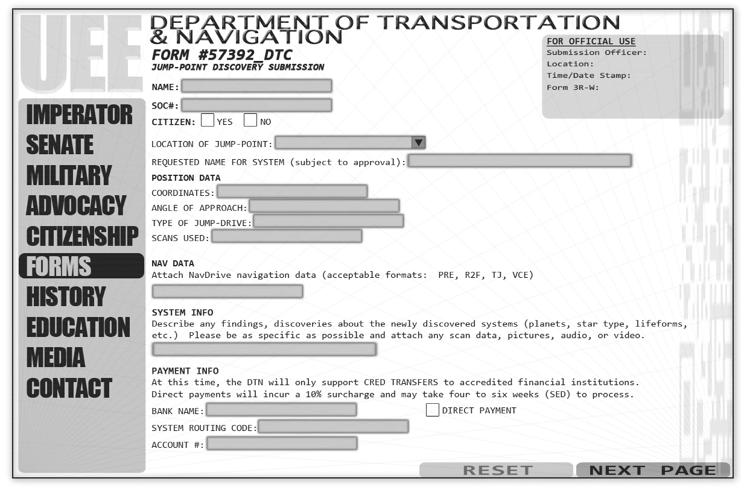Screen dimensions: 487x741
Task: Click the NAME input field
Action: pos(256,86)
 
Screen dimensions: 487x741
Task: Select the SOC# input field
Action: pos(256,105)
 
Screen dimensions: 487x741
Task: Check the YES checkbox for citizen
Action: pos(208,120)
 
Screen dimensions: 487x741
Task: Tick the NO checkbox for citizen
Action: pos(250,120)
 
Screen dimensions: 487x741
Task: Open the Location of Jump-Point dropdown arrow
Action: pos(418,143)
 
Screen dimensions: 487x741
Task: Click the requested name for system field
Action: pos(520,161)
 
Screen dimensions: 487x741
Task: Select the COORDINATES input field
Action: pos(292,192)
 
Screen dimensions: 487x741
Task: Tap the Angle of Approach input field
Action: pos(324,207)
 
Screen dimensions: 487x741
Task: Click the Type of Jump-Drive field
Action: pos(328,222)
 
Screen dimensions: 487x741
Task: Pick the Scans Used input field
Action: pos(287,236)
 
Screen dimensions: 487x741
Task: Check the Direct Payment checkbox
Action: pos(432,410)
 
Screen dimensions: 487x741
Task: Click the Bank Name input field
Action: pos(281,410)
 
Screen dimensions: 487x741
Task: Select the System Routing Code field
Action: pos(333,427)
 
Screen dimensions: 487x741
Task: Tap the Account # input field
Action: pos(282,444)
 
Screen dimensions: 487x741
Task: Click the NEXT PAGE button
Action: pos(653,470)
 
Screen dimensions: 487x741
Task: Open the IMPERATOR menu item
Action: pos(79,115)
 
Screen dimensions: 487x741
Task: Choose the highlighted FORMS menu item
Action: pos(81,266)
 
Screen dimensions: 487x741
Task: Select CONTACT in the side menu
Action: pos(69,388)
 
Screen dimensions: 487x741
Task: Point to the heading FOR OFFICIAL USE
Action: pos(591,42)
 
